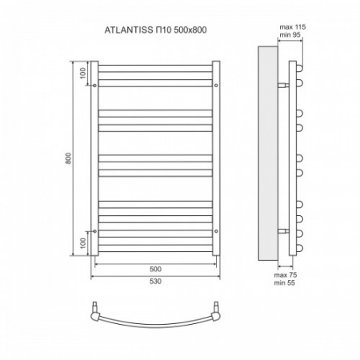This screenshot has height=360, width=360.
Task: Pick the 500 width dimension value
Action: point(155,269)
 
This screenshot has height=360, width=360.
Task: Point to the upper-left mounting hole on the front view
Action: point(95,82)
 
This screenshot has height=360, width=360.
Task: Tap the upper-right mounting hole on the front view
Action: point(216,82)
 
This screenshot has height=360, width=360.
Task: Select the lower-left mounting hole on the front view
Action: point(95,230)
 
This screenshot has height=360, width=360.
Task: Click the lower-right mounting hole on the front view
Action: point(216,230)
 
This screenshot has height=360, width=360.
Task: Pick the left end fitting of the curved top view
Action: point(96,307)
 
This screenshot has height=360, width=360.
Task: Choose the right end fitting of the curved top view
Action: point(216,307)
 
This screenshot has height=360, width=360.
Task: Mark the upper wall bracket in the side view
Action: point(284,82)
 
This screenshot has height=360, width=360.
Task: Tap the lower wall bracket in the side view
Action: point(284,231)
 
